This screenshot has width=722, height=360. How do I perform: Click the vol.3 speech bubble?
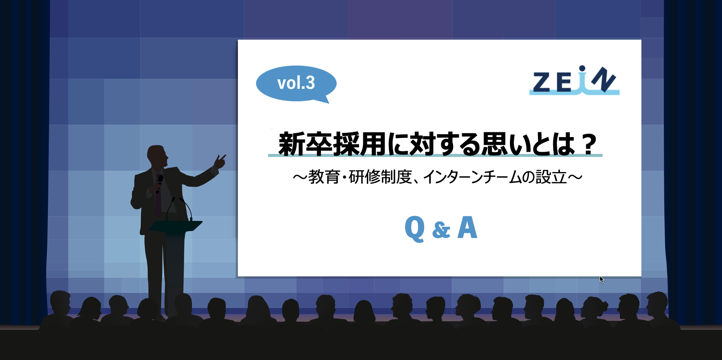tap(296, 83)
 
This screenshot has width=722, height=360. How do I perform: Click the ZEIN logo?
tap(574, 81)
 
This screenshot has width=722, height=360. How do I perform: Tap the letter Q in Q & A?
tap(415, 229)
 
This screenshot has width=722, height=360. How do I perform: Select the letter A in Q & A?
tap(467, 228)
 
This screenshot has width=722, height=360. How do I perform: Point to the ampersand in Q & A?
tap(441, 230)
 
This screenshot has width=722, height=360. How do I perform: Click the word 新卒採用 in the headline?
tap(332, 144)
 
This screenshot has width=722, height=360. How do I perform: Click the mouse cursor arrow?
tap(602, 279)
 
